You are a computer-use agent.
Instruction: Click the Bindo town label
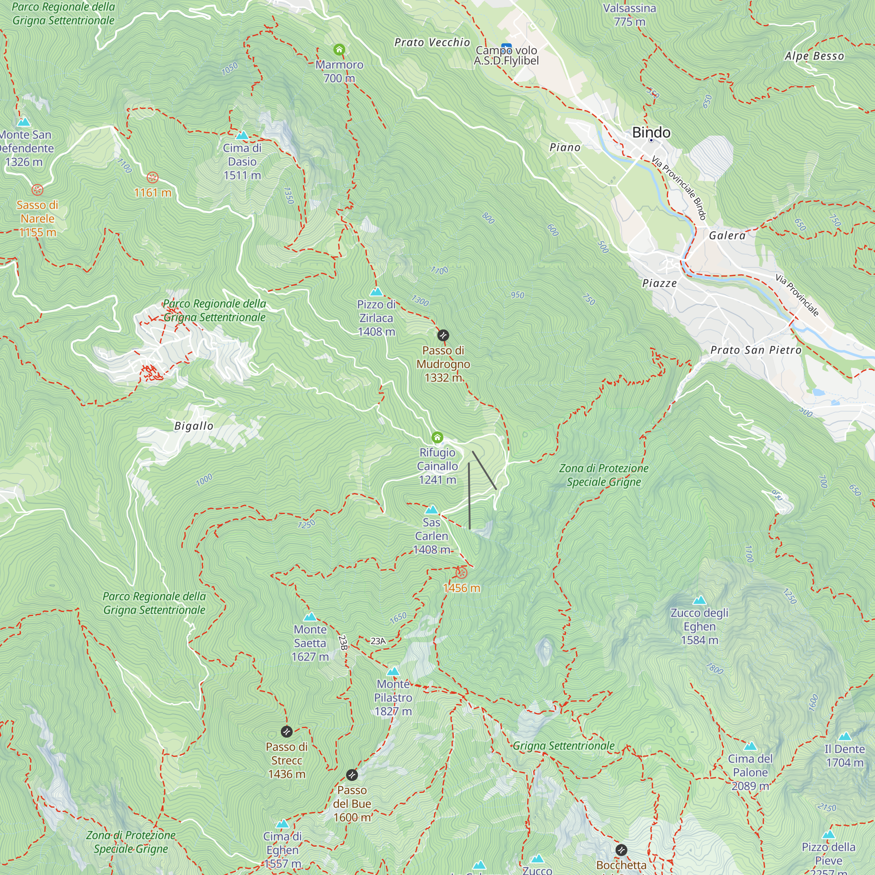(651, 132)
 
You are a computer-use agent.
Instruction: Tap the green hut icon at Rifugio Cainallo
(437, 437)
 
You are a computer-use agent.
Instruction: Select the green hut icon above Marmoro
(339, 49)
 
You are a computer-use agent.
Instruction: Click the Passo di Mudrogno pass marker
(443, 336)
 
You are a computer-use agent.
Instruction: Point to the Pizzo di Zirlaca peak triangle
(376, 292)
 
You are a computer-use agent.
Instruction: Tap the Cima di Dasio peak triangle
(242, 135)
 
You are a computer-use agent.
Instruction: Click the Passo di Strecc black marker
(287, 731)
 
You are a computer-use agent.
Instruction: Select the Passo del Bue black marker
(352, 775)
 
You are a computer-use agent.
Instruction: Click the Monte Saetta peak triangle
(310, 616)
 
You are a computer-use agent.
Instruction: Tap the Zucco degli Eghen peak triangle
(700, 600)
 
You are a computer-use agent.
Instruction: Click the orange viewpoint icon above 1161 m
(153, 178)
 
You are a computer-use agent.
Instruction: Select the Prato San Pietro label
(756, 350)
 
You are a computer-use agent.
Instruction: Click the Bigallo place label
(194, 426)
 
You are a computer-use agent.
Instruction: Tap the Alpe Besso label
(814, 56)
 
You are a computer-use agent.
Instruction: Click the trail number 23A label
(378, 641)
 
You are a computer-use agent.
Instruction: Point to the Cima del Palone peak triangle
(750, 746)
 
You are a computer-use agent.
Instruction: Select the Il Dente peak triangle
(845, 736)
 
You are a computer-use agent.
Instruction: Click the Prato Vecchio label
(432, 42)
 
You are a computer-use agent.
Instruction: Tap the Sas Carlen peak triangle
(432, 510)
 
